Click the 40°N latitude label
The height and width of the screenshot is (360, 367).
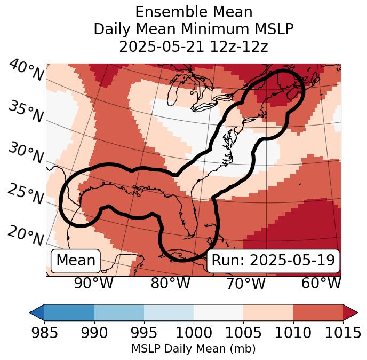(26, 71)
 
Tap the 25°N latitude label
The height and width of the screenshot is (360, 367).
(26, 194)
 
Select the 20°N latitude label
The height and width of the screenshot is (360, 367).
(26, 235)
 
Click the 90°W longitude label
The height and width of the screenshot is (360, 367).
(94, 284)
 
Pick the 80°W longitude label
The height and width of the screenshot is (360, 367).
(170, 284)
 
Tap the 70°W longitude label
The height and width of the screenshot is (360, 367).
(245, 284)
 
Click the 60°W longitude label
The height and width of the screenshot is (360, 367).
(321, 284)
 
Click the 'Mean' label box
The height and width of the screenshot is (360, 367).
(76, 261)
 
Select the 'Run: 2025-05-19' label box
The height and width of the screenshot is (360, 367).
(273, 261)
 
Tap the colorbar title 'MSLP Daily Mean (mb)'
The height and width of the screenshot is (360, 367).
(194, 349)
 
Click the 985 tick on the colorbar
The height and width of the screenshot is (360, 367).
(44, 333)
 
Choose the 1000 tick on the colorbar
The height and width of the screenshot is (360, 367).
(194, 333)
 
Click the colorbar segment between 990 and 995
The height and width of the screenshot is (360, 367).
(119, 312)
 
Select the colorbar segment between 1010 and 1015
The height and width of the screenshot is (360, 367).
(318, 312)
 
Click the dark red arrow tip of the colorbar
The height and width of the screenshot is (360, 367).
(350, 312)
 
